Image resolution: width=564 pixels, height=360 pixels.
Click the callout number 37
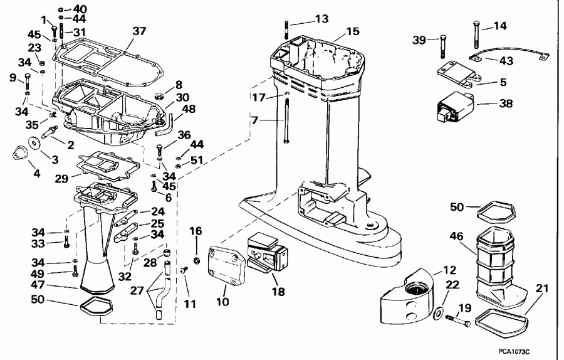pyautogui.click(x=138, y=31)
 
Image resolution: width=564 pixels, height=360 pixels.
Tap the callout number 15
pyautogui.click(x=353, y=31)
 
